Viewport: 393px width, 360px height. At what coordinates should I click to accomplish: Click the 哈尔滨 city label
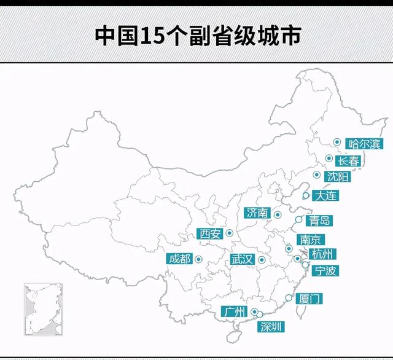coord(364,145)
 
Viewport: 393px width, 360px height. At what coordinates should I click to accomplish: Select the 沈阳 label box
coord(338,177)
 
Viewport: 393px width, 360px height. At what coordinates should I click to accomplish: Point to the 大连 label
coord(326,197)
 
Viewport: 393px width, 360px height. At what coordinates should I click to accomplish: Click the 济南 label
coord(257,213)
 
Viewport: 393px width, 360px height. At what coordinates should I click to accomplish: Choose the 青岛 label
coord(320,221)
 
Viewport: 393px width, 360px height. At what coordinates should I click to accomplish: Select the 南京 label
coord(310,240)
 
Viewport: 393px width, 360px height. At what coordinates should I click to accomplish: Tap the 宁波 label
coord(325,270)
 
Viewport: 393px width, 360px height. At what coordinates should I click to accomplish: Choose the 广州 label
coord(236,311)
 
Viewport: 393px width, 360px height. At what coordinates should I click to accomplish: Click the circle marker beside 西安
coord(229,233)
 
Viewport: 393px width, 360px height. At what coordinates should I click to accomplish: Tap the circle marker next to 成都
coord(198,259)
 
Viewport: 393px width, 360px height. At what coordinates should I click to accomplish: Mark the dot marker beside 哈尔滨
coord(337,143)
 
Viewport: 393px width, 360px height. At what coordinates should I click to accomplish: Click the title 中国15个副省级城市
coord(196,35)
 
